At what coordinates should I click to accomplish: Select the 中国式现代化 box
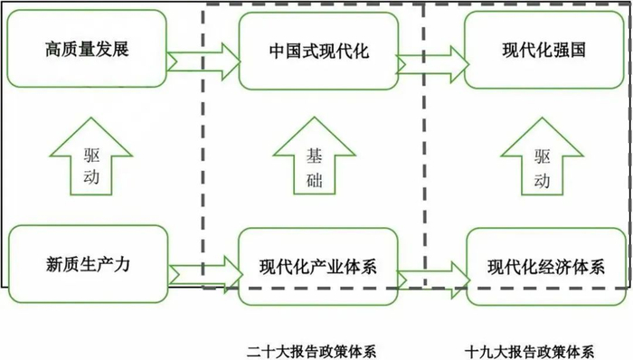(x=317, y=51)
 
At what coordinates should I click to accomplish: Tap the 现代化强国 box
(x=543, y=51)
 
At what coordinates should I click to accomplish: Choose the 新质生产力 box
(x=87, y=265)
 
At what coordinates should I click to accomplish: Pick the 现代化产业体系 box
(x=317, y=267)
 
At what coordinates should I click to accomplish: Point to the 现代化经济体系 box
(x=545, y=267)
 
